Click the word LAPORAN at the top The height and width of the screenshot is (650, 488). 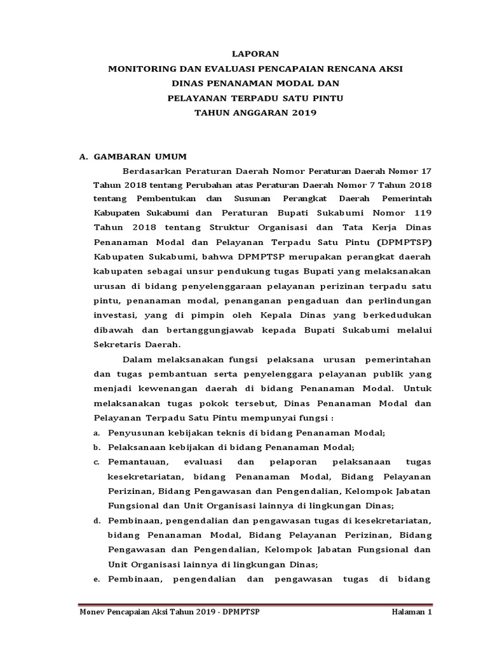(254, 55)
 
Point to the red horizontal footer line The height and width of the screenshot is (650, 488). (254, 603)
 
